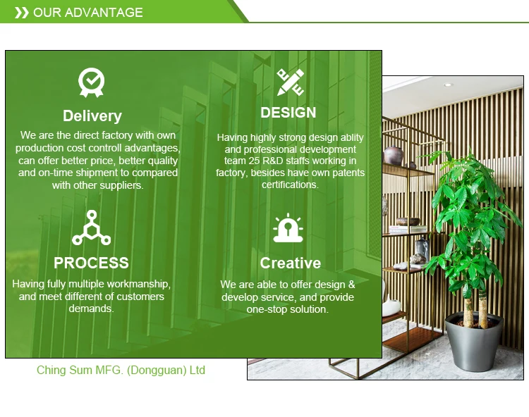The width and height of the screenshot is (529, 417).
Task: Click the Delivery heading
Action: [x=92, y=116]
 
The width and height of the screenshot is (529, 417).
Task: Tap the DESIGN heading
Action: [x=288, y=113]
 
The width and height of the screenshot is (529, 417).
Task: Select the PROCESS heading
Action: [x=91, y=263]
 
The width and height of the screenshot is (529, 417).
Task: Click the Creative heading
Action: [x=290, y=263]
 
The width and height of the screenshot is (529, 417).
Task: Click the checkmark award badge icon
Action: [x=92, y=82]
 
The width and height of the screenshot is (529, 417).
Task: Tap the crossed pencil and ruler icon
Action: [x=290, y=82]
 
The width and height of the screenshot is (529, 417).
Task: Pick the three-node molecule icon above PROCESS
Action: [x=92, y=228]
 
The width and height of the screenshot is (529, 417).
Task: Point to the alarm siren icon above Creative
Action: [x=288, y=228]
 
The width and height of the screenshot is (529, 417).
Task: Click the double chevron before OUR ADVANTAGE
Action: [x=22, y=13]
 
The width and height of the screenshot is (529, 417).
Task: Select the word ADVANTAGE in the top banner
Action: [x=104, y=13]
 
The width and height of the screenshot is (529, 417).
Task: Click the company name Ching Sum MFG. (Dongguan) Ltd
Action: [x=121, y=370]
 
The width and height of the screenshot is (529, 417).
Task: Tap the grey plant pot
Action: [x=475, y=341]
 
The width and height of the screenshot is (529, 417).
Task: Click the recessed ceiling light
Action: [x=448, y=85]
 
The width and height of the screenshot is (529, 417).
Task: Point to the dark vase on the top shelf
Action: [x=394, y=155]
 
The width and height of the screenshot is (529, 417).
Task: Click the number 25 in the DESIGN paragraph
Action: [x=254, y=161]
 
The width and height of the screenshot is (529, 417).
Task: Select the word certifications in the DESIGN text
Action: [x=290, y=185]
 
